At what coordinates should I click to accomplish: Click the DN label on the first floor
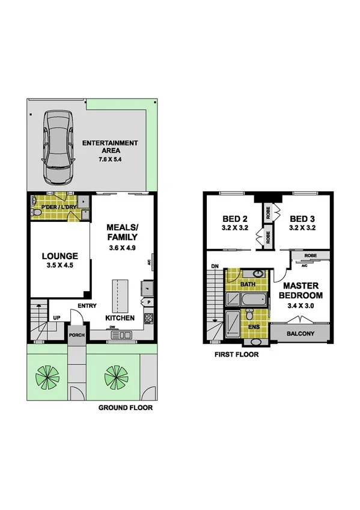coord(215,266)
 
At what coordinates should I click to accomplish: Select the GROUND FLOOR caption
coord(125,407)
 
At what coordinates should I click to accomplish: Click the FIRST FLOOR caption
coord(236,355)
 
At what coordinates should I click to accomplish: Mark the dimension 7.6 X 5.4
coord(110,160)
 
